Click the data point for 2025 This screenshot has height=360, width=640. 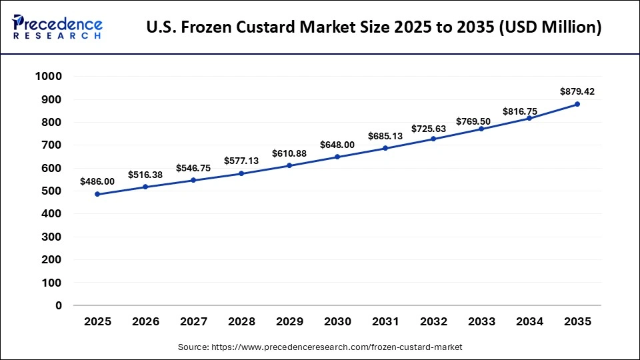pyautogui.click(x=97, y=194)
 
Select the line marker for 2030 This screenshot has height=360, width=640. pyautogui.click(x=337, y=157)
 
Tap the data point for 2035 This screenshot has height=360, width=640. pyautogui.click(x=577, y=104)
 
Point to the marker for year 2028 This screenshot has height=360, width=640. pyautogui.click(x=241, y=173)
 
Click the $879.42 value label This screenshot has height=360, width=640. pyautogui.click(x=577, y=91)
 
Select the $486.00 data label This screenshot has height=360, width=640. pyautogui.click(x=97, y=181)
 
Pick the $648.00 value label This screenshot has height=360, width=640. pyautogui.click(x=337, y=144)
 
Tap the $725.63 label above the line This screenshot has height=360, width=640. pyautogui.click(x=433, y=127)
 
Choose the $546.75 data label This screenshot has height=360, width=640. pyautogui.click(x=193, y=168)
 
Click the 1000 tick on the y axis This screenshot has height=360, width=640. pyautogui.click(x=48, y=77)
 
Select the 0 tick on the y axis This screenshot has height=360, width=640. pyautogui.click(x=59, y=305)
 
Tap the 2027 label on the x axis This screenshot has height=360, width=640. pyautogui.click(x=193, y=321)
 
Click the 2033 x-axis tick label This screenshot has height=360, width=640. pyautogui.click(x=481, y=321)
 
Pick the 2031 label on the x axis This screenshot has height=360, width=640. pyautogui.click(x=385, y=321)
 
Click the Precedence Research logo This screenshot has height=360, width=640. pyautogui.click(x=57, y=27)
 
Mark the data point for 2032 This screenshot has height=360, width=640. pyautogui.click(x=433, y=139)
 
